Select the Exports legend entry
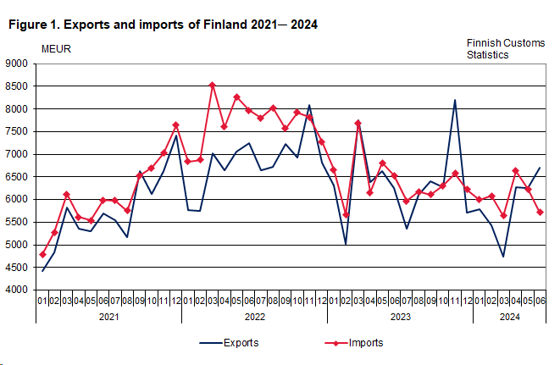click(x=229, y=343)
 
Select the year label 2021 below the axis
click(x=108, y=317)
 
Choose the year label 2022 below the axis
click(x=254, y=317)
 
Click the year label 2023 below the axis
click(x=400, y=317)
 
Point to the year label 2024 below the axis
click(x=509, y=317)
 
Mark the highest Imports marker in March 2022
click(x=212, y=85)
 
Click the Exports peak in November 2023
click(x=455, y=100)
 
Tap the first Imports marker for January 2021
click(x=42, y=254)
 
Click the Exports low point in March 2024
click(x=503, y=257)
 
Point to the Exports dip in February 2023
click(x=346, y=244)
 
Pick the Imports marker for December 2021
click(x=175, y=125)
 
